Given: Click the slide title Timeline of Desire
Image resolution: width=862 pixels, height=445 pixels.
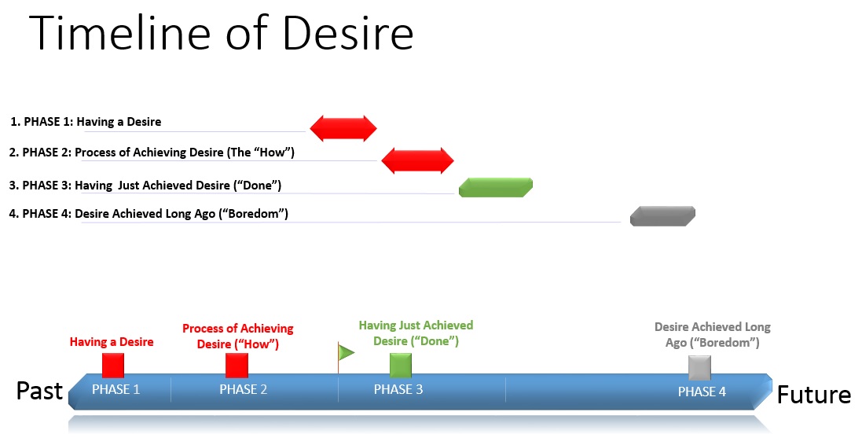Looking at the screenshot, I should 222,34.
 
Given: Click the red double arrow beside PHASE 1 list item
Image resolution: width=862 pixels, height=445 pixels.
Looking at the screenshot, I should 343,127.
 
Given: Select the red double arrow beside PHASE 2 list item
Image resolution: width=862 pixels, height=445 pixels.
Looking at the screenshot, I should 417,160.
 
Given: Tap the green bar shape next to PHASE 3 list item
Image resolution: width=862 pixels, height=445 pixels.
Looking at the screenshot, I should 496,187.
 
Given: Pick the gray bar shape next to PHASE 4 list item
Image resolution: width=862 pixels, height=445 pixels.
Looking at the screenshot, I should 662,215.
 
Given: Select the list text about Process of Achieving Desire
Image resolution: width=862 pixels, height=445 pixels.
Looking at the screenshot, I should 151,152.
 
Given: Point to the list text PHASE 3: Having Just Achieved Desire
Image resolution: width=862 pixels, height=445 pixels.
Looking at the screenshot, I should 145,186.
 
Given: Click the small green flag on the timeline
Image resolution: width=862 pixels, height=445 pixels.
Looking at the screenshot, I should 345,352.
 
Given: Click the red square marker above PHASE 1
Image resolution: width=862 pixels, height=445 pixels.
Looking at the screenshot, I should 113,365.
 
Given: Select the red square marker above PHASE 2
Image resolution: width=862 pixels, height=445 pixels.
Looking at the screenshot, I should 237,365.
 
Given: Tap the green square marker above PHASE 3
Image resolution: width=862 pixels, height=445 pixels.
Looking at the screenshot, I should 401,365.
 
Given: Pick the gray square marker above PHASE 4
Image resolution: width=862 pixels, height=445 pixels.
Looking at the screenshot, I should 699,366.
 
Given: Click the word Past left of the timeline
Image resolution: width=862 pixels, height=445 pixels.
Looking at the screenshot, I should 39,391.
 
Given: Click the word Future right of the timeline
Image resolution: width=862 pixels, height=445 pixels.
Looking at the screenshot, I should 813,394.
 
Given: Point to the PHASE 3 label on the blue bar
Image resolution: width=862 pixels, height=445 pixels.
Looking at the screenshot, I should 398,389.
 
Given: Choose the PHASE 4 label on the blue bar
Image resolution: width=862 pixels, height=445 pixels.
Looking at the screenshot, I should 702,392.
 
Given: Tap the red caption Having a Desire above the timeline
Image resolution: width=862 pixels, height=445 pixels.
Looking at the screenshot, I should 112,342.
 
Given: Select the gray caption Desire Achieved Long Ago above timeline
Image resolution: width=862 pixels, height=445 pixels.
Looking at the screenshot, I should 713,335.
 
